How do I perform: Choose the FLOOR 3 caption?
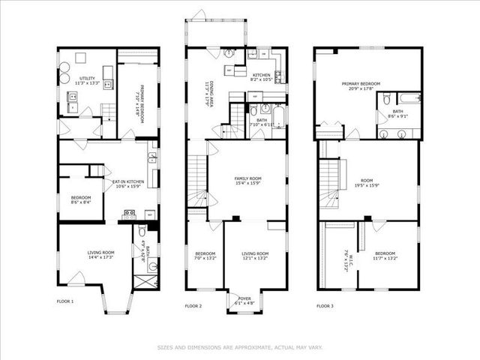[x=325, y=306]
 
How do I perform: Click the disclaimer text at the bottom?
[x=239, y=347]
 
